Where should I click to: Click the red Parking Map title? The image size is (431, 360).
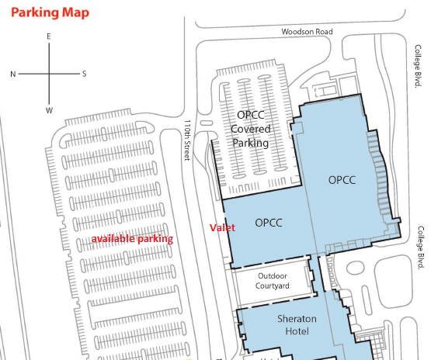click(x=50, y=12)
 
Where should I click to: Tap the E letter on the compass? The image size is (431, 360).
click(x=49, y=36)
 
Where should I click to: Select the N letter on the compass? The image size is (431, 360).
click(x=13, y=74)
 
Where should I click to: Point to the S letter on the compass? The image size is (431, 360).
click(x=85, y=74)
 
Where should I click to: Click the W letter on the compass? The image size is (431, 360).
click(x=49, y=110)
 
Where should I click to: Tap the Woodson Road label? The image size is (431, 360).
click(x=307, y=32)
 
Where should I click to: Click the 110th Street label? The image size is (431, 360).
click(x=187, y=140)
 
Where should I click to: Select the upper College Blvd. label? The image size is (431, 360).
click(x=418, y=66)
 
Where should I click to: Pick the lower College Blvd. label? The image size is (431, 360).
click(x=421, y=247)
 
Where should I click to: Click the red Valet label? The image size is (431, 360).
click(x=222, y=227)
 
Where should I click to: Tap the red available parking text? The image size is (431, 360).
click(x=132, y=239)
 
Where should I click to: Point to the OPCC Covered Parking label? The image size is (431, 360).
click(x=251, y=129)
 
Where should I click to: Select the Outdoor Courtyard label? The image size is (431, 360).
click(x=272, y=281)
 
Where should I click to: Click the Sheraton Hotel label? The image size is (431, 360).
click(x=297, y=325)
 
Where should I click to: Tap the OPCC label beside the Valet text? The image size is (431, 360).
click(x=269, y=223)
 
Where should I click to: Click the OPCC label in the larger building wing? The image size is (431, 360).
click(x=342, y=180)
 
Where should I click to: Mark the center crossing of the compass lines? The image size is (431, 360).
click(x=49, y=74)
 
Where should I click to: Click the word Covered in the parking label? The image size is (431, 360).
click(x=251, y=129)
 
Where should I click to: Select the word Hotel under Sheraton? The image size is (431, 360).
click(x=297, y=331)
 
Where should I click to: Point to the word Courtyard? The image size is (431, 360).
click(x=272, y=286)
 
